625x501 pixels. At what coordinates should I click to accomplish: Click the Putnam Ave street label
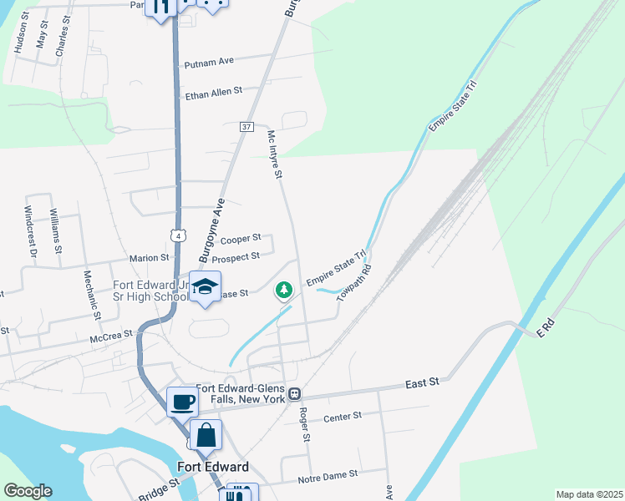click(211, 61)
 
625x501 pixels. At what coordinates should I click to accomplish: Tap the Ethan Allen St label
click(213, 91)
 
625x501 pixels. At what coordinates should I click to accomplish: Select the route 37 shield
click(246, 127)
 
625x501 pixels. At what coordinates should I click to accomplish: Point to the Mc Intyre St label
click(275, 154)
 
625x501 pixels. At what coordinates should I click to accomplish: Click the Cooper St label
click(241, 239)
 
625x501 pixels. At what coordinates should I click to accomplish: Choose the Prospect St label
click(236, 258)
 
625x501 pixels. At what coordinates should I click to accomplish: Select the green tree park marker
click(284, 290)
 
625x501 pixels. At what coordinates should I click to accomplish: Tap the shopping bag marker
click(206, 435)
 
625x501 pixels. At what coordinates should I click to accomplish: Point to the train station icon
click(294, 393)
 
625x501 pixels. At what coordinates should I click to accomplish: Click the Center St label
click(342, 416)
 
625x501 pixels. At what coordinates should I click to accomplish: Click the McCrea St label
click(111, 335)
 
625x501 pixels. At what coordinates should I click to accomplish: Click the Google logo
click(28, 491)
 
